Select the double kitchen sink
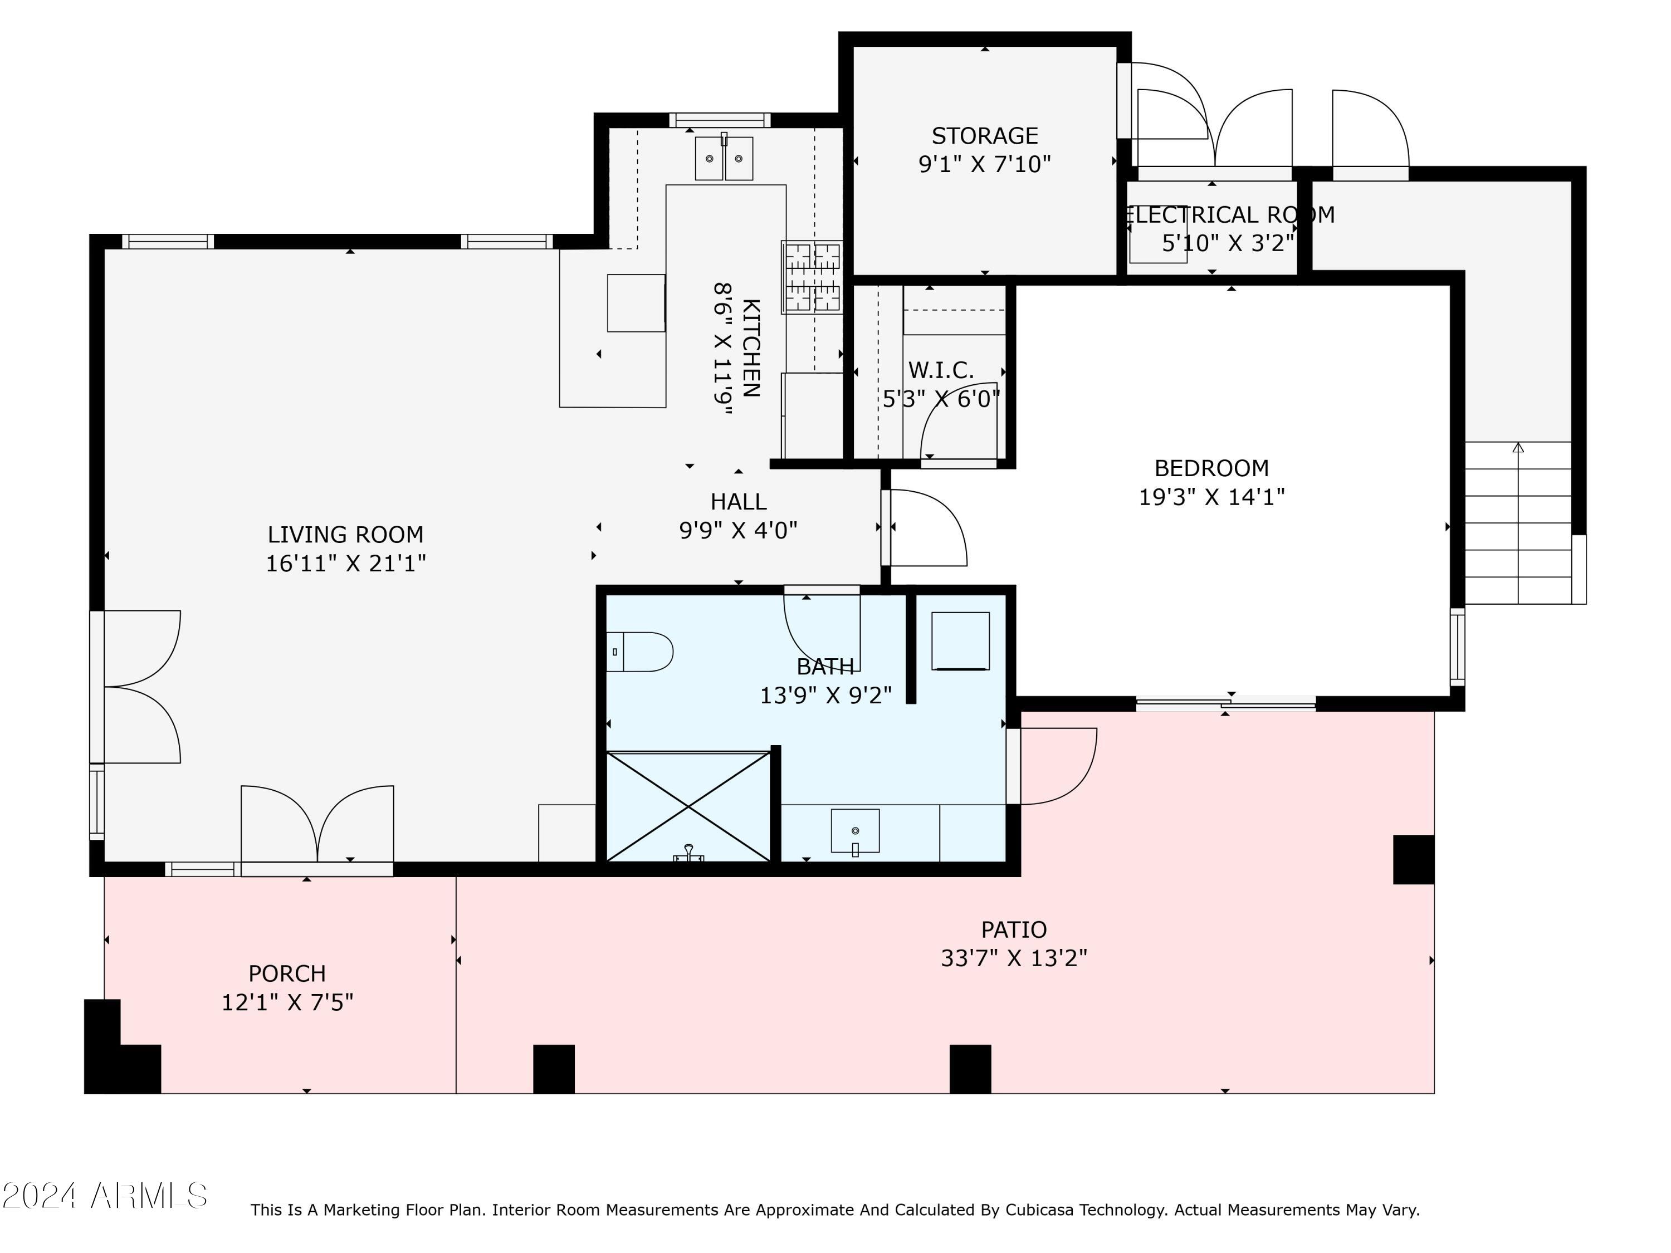(724, 158)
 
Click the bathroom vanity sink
(855, 831)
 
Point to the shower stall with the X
(688, 806)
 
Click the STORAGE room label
(984, 136)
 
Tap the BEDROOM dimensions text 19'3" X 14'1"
(1211, 497)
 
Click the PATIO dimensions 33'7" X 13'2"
(1014, 958)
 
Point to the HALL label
(738, 502)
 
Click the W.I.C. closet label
(941, 370)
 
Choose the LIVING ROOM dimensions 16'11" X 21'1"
(345, 564)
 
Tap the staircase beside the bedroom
(1518, 523)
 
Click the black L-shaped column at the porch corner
(121, 1047)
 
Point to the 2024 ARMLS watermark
(105, 1196)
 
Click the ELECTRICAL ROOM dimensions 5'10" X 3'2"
(1228, 243)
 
